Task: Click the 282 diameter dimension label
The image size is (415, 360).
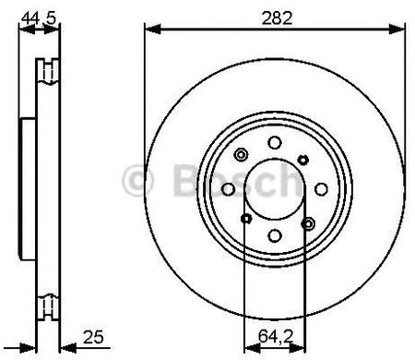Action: [277, 18]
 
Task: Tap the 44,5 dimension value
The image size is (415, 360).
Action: [39, 18]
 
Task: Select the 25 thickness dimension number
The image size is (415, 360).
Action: [93, 337]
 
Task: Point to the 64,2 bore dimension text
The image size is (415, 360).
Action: [276, 336]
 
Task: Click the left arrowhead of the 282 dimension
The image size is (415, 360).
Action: [153, 30]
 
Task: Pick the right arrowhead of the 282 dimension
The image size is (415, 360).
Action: [397, 30]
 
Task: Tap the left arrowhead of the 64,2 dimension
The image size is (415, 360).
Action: [252, 348]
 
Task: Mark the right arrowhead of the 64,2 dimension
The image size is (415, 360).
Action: [297, 348]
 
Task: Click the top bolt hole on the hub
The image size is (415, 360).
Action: [275, 143]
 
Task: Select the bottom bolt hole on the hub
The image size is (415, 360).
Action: [275, 235]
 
